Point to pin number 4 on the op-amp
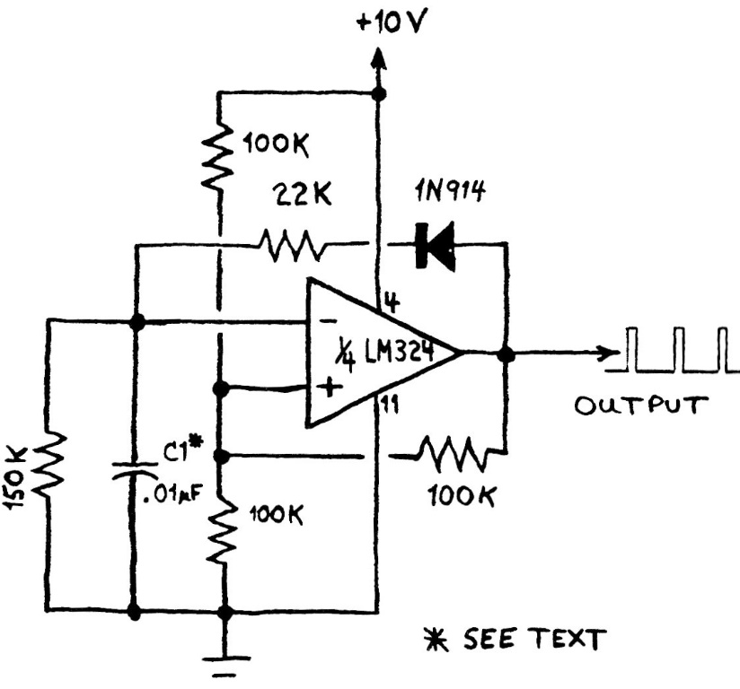[x=392, y=301]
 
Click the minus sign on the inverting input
[x=329, y=318]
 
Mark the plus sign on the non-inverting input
[x=330, y=388]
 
